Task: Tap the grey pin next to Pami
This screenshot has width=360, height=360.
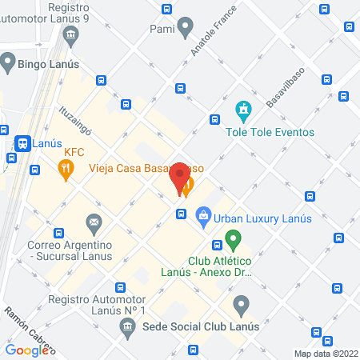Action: pyautogui.click(x=186, y=29)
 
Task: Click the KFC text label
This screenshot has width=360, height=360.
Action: pyautogui.click(x=74, y=152)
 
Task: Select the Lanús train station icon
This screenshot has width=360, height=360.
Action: pyautogui.click(x=22, y=143)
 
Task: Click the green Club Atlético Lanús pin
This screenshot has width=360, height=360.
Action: pyautogui.click(x=233, y=239)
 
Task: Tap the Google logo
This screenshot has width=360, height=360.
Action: pyautogui.click(x=27, y=350)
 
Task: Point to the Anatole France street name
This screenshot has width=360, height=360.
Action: pyautogui.click(x=210, y=39)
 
